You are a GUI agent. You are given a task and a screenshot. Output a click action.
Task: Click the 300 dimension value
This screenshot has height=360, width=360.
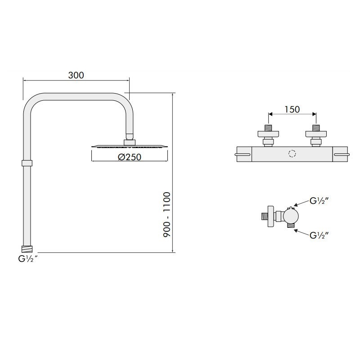(76, 75)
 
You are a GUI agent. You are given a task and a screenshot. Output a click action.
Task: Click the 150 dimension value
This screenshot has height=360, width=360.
(292, 109)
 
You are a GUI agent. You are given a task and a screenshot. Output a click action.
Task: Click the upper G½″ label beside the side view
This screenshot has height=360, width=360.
(319, 201)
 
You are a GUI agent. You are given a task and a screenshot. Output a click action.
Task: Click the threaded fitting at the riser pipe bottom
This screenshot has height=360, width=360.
(27, 248)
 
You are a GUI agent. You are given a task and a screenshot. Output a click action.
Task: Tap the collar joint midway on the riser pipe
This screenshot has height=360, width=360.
(27, 163)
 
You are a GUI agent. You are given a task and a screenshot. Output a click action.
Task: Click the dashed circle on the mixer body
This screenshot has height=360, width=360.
(292, 154)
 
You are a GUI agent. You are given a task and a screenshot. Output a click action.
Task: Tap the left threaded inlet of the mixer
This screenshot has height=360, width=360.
(269, 127)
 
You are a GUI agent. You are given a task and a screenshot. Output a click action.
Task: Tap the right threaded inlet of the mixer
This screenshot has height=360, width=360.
(316, 127)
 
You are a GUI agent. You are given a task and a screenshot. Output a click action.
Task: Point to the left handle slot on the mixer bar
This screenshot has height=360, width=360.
(243, 155)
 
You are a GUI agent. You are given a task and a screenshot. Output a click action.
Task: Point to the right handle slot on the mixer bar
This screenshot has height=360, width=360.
(341, 155)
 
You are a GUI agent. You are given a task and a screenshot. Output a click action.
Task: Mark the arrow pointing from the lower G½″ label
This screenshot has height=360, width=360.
(301, 230)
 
